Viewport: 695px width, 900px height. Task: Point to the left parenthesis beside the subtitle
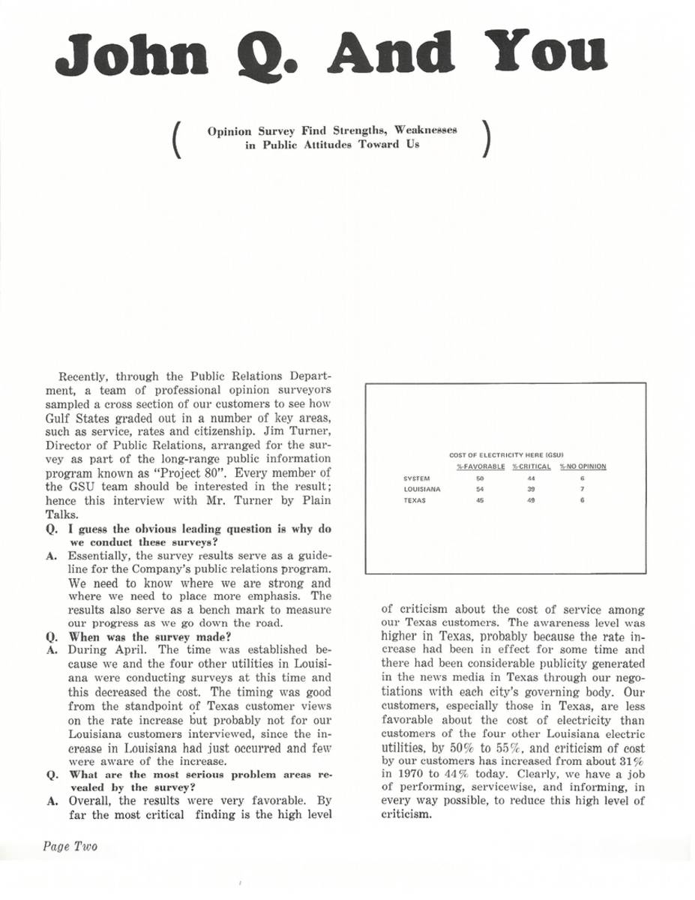coord(178,139)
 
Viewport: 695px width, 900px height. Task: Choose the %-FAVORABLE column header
coord(482,466)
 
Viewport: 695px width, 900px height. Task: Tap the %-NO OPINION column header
coord(583,466)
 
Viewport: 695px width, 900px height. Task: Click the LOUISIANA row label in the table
coord(422,489)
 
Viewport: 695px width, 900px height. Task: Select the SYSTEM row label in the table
coord(416,478)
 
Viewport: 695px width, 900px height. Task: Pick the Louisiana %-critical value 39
coord(531,489)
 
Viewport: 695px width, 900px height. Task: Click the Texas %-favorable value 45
coord(480,500)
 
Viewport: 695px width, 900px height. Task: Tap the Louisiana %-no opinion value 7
coord(582,489)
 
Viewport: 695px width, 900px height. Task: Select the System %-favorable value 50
coord(480,478)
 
